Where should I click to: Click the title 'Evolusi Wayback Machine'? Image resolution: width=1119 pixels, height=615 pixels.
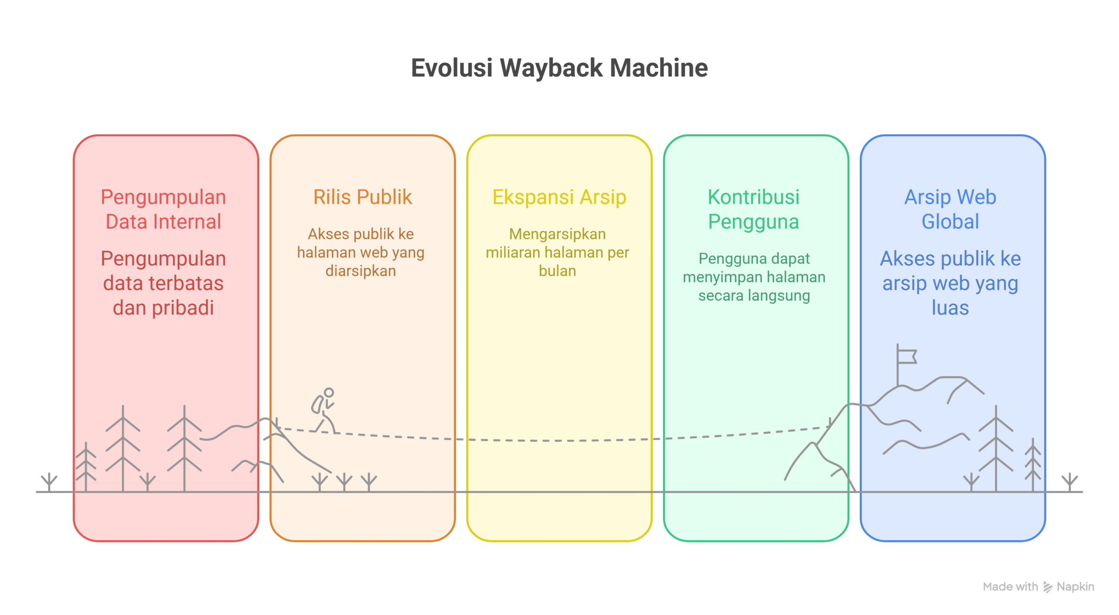click(x=559, y=68)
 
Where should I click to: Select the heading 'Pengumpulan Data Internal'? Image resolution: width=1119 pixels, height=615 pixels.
click(x=163, y=209)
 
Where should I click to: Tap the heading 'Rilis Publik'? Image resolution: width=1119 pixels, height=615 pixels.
click(x=362, y=197)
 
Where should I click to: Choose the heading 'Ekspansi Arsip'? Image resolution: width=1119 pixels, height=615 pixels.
click(x=559, y=197)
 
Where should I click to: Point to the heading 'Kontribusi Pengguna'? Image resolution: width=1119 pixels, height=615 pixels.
click(x=754, y=209)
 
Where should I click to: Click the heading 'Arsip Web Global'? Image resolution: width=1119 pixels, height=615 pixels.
click(x=950, y=209)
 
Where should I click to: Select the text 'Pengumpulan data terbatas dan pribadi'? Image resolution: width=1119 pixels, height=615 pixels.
click(x=163, y=283)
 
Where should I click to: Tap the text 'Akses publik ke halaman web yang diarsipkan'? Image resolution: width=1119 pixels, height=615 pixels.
click(x=361, y=253)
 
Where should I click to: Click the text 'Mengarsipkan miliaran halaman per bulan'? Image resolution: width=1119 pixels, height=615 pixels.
click(x=557, y=253)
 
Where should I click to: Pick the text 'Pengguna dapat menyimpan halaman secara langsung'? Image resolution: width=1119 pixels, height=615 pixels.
click(x=754, y=277)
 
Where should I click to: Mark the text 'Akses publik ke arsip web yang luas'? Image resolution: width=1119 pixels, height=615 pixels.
click(x=950, y=283)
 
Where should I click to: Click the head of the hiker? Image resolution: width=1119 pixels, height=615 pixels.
click(x=329, y=393)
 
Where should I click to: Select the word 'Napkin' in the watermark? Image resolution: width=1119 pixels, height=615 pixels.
click(x=1075, y=587)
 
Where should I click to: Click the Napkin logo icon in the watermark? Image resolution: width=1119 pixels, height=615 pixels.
click(x=1047, y=587)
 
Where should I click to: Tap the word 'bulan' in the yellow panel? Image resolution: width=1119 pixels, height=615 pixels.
click(x=557, y=271)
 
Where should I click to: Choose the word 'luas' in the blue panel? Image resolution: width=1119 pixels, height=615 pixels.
click(x=950, y=308)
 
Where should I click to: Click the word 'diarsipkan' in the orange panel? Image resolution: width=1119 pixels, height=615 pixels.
click(x=361, y=271)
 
